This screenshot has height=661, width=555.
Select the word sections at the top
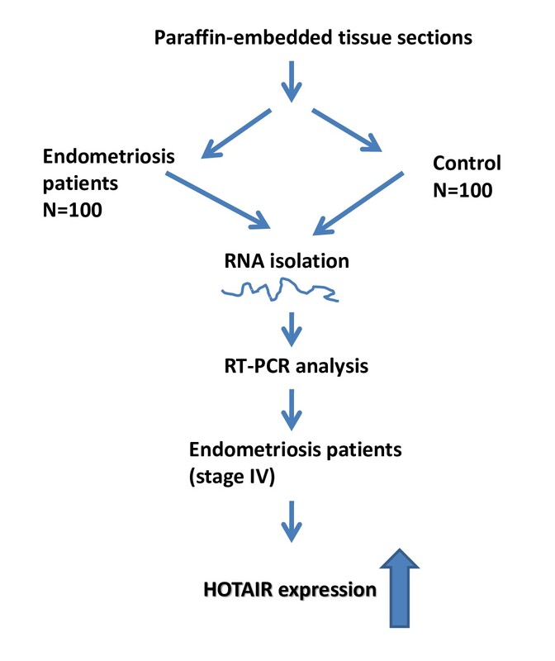click(x=435, y=37)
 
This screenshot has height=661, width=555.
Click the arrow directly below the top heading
click(x=292, y=81)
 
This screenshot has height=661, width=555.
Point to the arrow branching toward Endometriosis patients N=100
click(x=236, y=133)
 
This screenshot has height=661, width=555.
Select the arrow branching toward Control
click(x=346, y=130)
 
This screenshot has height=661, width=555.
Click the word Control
click(x=467, y=163)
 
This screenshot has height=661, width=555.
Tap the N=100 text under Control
click(x=462, y=190)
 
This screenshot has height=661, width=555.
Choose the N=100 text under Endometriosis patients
click(x=73, y=210)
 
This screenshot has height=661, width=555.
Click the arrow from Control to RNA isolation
click(x=358, y=203)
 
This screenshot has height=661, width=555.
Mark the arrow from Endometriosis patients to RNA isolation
click(x=218, y=200)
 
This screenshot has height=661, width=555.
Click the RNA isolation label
click(x=287, y=261)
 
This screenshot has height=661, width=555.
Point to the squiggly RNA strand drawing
click(x=280, y=290)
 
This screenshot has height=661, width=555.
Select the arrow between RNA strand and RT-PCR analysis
click(x=292, y=329)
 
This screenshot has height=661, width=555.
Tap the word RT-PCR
click(x=257, y=366)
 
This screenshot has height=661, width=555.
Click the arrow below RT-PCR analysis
click(x=292, y=409)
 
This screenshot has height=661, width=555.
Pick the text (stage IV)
click(x=232, y=477)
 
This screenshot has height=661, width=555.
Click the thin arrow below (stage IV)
click(x=292, y=521)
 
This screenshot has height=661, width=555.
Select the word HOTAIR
click(x=238, y=589)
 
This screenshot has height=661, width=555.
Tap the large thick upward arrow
click(x=400, y=588)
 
